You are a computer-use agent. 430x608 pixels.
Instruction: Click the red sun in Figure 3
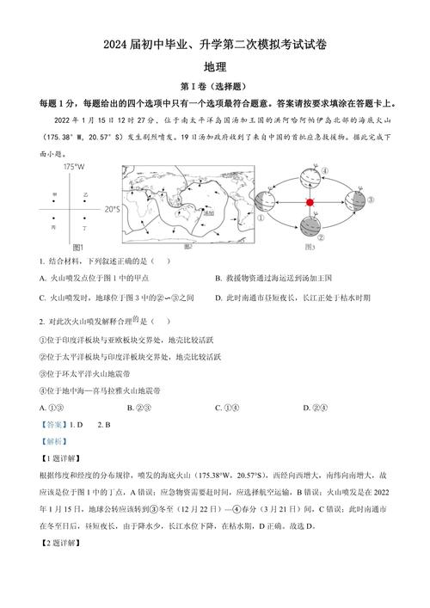click(x=310, y=202)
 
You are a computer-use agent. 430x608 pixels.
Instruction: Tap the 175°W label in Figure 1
click(x=72, y=166)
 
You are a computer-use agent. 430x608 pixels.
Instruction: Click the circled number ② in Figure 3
click(x=320, y=237)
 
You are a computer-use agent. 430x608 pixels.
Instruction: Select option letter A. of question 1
click(x=43, y=278)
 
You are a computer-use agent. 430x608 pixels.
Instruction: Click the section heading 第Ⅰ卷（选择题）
click(x=214, y=86)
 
